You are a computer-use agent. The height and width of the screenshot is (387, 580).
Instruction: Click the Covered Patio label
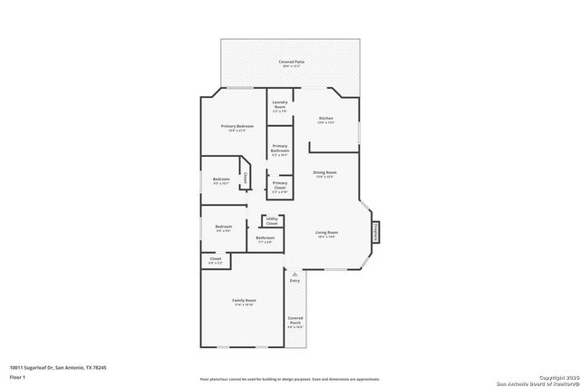pos(291,63)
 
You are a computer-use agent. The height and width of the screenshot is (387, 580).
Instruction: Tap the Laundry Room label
pos(279,105)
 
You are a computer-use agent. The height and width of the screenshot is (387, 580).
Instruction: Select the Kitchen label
pos(325,120)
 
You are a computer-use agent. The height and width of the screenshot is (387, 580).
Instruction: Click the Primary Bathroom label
pos(280,149)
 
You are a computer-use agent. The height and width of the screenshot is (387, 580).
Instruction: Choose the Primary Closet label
pos(280,187)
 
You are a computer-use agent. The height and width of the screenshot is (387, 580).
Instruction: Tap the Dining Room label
pos(324,174)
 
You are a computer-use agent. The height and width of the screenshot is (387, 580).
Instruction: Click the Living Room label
pos(325,234)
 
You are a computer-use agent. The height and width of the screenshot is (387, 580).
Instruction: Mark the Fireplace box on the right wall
pos(373,233)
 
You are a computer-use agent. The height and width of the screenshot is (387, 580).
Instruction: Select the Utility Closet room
pos(272,220)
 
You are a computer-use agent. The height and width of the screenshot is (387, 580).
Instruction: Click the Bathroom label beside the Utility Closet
pos(265,239)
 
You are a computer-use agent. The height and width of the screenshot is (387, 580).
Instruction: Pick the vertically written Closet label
pos(245,178)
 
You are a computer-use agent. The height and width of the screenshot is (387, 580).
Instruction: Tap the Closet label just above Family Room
pos(216,260)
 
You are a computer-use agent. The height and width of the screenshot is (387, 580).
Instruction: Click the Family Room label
pos(244,302)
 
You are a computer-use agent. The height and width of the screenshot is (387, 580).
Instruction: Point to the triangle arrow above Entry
pos(295,272)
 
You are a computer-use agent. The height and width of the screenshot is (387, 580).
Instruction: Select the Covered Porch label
pos(295,322)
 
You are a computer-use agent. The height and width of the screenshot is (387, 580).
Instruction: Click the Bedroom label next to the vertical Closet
pos(221,180)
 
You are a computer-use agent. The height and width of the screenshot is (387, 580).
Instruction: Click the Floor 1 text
pos(17,376)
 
